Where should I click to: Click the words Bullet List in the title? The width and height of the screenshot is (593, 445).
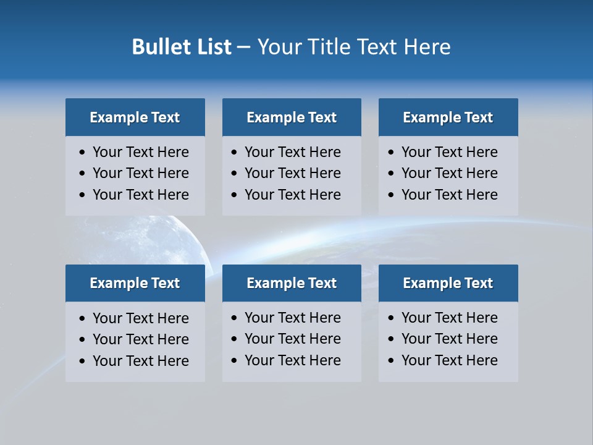point(182,47)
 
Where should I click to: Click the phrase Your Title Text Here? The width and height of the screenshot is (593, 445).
point(353,47)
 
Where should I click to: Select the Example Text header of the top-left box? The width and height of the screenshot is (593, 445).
point(135,117)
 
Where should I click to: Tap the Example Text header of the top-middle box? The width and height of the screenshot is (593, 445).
point(292,117)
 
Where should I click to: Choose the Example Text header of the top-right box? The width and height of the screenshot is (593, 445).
point(448,117)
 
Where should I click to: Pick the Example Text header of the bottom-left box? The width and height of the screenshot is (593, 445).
point(135,283)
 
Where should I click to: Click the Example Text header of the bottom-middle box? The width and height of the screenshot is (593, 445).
point(292,283)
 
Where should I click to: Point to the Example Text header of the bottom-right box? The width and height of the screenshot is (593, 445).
point(448,283)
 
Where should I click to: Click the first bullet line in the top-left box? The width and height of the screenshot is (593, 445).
point(140,152)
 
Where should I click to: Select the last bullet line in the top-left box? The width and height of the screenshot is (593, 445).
point(140,195)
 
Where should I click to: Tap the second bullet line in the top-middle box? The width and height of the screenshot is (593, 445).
point(292,173)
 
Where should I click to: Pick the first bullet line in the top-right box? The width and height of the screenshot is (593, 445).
point(449,152)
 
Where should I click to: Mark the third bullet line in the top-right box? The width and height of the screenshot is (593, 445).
point(449,195)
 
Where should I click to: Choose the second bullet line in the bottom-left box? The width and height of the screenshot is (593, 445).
point(140,339)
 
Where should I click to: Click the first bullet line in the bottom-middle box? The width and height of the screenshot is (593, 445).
point(292,318)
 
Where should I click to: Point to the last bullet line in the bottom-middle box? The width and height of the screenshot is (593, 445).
point(292,360)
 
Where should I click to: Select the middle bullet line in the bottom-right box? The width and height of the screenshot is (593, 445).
point(449,339)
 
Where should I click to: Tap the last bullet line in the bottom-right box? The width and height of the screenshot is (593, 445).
point(449,360)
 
